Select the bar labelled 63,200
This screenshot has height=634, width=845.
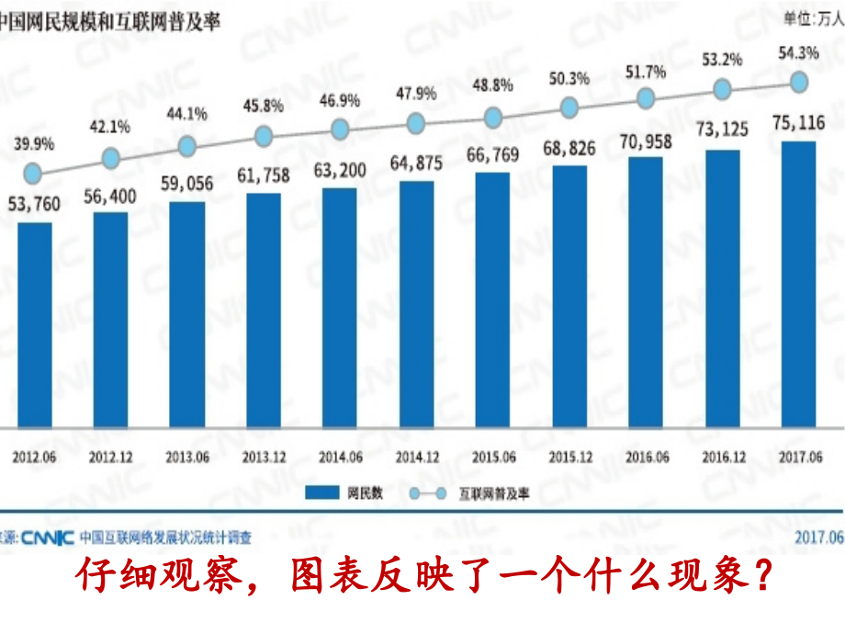point(340,309)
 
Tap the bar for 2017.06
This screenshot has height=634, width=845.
point(799,285)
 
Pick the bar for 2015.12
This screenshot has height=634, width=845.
point(569,298)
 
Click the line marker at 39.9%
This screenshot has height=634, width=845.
point(33,173)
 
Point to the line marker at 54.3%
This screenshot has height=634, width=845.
point(799,81)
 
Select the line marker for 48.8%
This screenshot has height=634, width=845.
point(493,118)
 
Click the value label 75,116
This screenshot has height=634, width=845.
point(797,122)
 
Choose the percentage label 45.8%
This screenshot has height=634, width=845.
point(264,106)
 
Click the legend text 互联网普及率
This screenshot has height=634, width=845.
point(494,493)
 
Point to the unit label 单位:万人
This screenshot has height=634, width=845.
point(814,17)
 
